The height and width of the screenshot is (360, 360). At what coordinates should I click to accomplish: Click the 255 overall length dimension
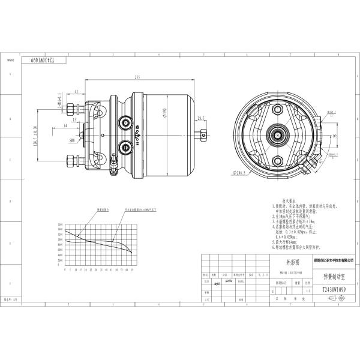[137, 77]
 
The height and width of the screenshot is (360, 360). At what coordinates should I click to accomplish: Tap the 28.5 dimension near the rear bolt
[200, 119]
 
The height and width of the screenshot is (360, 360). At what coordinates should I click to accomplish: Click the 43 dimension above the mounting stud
[76, 92]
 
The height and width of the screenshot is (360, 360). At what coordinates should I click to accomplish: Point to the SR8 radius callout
[72, 139]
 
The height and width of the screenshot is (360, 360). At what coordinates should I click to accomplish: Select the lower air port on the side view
[125, 146]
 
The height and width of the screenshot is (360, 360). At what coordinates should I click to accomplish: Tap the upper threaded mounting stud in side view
[73, 109]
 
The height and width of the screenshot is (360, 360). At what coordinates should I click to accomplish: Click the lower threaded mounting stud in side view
[73, 161]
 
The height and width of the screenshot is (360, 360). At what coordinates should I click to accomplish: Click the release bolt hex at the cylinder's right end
[204, 133]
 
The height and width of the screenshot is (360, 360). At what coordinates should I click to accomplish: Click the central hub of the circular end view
[280, 134]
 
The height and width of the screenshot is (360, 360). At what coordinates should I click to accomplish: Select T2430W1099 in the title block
[332, 289]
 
